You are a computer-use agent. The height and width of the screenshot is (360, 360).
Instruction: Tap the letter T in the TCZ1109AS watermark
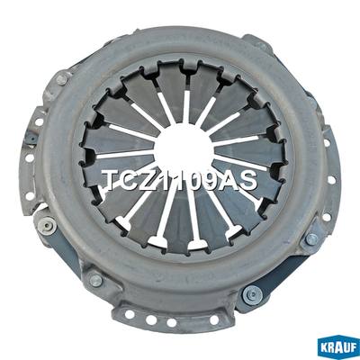112,181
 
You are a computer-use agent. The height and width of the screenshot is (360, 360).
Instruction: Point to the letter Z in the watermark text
149,181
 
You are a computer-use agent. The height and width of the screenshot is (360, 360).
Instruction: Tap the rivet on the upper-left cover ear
61,80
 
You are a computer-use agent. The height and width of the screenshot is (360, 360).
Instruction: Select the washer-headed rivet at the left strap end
48,224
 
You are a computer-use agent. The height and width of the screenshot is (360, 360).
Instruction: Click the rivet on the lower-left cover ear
96,280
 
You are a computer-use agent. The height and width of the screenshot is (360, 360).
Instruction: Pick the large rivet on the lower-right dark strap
252,295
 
